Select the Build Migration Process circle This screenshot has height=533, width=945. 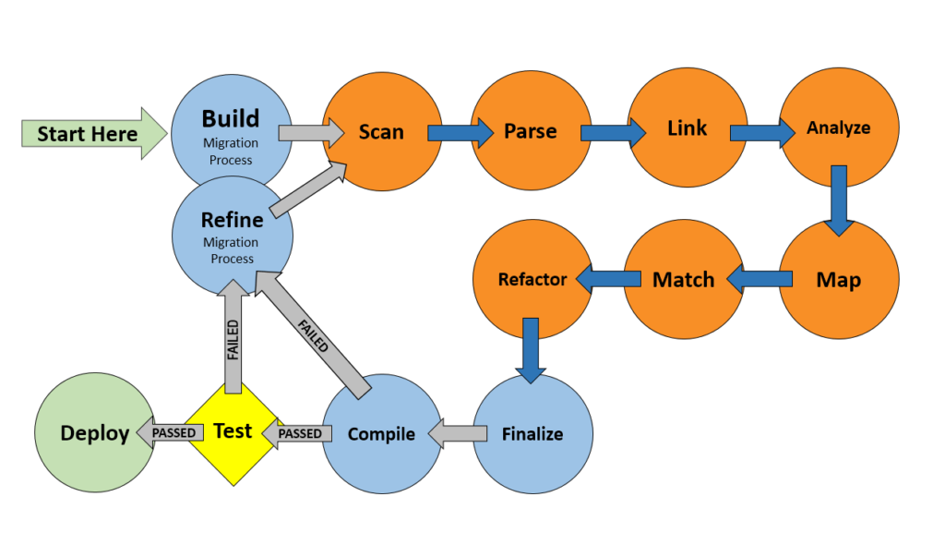click(231, 129)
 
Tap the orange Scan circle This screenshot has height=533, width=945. click(380, 131)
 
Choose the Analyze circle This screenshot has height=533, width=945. click(838, 127)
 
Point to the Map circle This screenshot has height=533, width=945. click(838, 279)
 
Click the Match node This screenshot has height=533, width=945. click(683, 279)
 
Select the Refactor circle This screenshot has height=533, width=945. click(532, 279)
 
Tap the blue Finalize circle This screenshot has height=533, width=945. click(532, 433)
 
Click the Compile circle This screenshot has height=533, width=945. click(382, 433)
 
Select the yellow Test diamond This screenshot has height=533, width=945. click(232, 431)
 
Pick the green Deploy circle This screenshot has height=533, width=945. click(94, 433)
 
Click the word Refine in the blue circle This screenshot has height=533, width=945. click(233, 220)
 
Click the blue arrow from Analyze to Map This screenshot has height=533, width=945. click(838, 200)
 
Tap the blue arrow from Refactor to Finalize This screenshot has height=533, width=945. click(531, 349)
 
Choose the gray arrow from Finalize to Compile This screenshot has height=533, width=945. click(458, 433)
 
